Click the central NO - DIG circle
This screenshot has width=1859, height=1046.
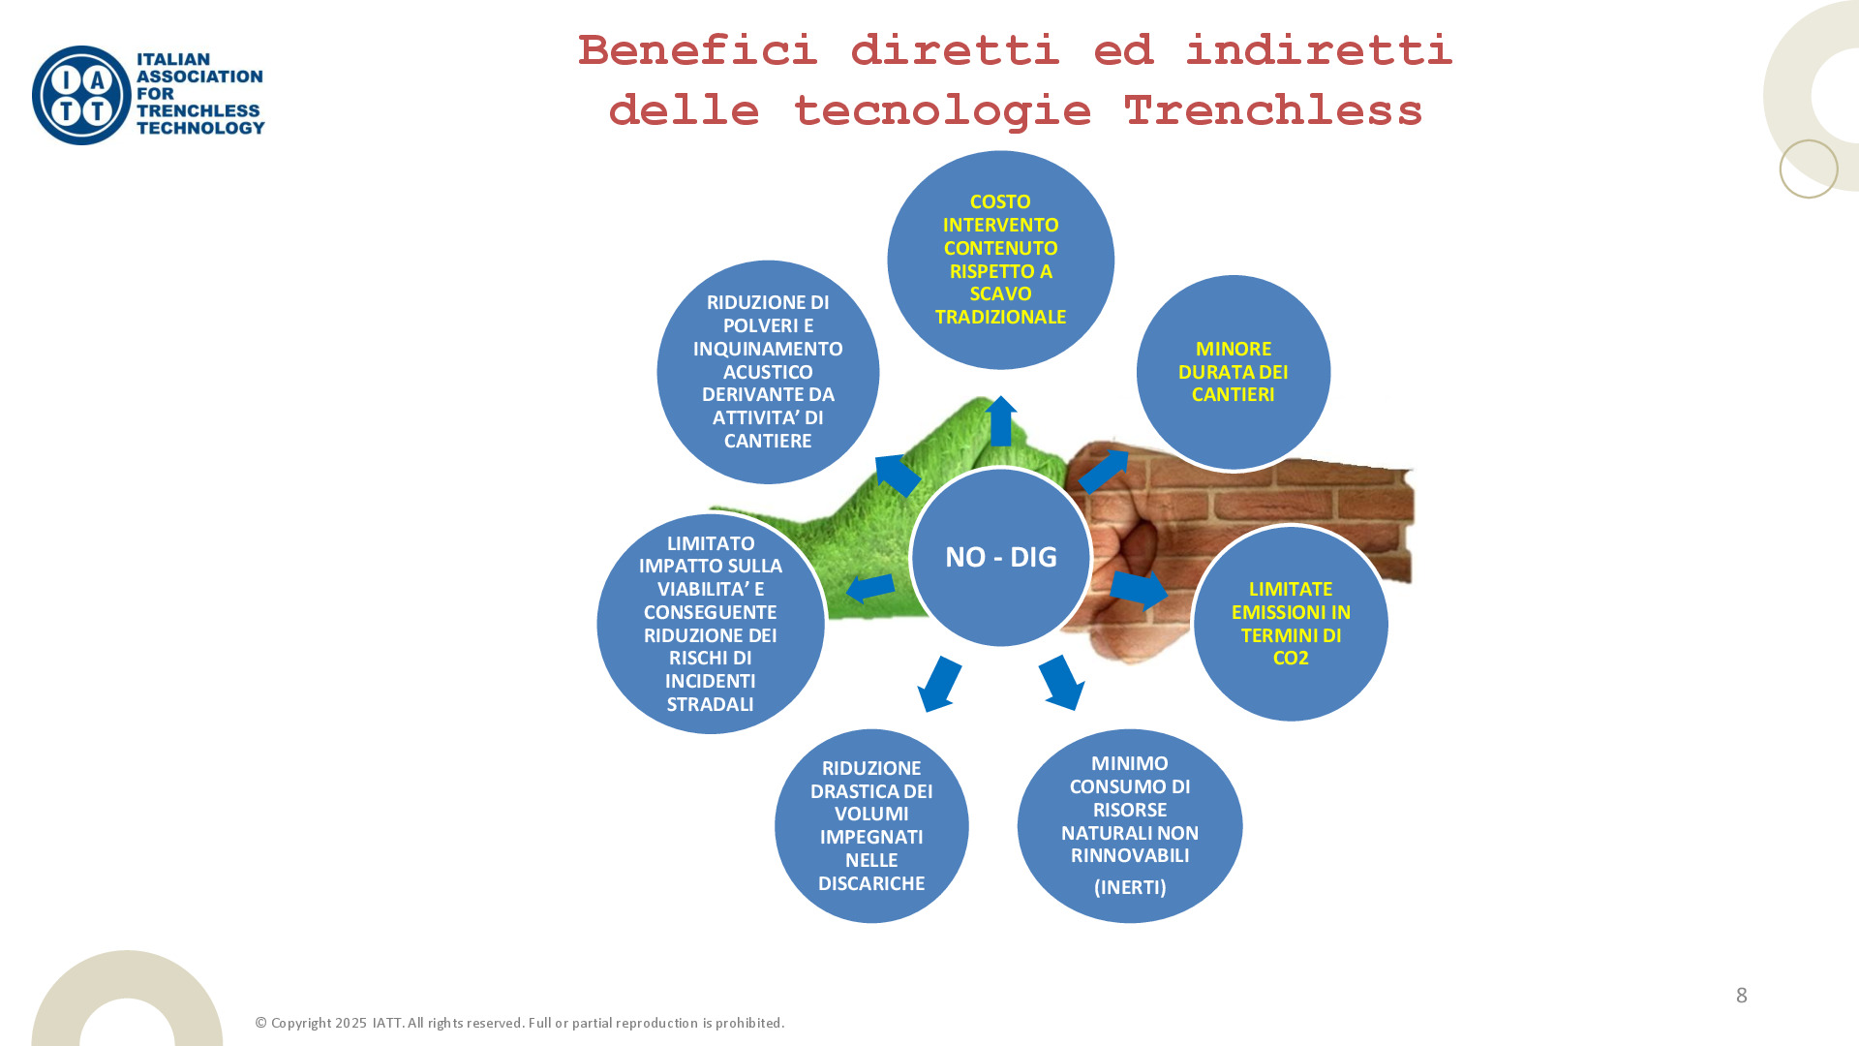coord(1001,557)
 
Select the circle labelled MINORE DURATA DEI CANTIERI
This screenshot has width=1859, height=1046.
coord(1233,372)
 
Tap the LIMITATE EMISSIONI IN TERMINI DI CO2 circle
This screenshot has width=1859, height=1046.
coord(1291,624)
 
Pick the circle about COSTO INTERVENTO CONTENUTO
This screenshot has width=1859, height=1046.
coord(1000,260)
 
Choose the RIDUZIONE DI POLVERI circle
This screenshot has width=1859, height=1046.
coord(768,372)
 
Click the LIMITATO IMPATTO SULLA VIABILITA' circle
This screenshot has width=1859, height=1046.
coord(710,624)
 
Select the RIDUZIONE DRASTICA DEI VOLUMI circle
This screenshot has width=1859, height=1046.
coord(871,826)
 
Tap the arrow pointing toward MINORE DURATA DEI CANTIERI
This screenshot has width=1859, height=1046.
coord(1104,472)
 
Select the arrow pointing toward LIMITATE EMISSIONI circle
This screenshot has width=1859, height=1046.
coord(1139,590)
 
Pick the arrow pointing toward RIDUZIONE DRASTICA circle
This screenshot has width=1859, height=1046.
coord(939,684)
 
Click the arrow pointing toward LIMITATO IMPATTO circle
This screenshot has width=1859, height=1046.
coord(870,588)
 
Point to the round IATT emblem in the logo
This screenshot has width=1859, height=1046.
coord(81,96)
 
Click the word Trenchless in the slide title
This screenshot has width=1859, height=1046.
coord(1272,110)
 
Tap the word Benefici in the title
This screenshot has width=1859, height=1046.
coord(698,50)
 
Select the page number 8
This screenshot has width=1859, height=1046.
coord(1741,996)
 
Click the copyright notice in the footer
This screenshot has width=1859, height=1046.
coord(520,1024)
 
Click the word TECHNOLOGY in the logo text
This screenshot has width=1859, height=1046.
coord(200,128)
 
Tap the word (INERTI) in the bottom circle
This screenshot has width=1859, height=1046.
coord(1130,887)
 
